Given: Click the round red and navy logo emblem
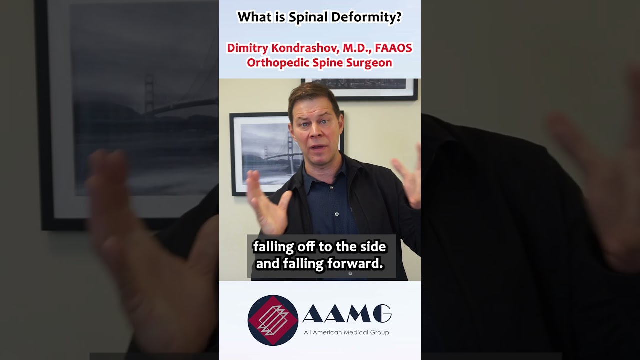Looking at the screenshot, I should pyautogui.click(x=273, y=320).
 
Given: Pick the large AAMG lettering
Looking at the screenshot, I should pyautogui.click(x=347, y=314).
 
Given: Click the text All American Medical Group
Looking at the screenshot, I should pyautogui.click(x=346, y=332).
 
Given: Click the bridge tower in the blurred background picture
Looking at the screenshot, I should pyautogui.click(x=149, y=95).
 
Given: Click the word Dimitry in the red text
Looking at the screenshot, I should pyautogui.click(x=247, y=48).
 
